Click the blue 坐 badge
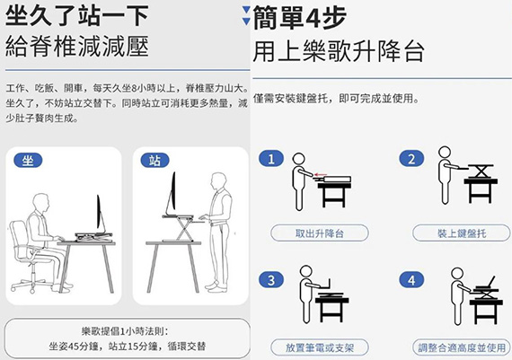click(x=28, y=161)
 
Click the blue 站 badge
click(x=154, y=161)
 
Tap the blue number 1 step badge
click(x=271, y=159)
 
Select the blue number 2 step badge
click(x=411, y=159)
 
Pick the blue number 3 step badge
click(x=271, y=280)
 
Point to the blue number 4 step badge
click(x=411, y=280)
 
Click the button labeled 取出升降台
click(x=320, y=233)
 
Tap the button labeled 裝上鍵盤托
click(x=461, y=233)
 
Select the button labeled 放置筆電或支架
click(x=320, y=347)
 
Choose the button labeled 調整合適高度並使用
click(x=461, y=347)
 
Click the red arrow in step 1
click(x=321, y=175)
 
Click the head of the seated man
click(x=41, y=203)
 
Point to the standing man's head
click(x=218, y=182)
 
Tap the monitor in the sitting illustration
click(x=100, y=214)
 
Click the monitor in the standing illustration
click(x=172, y=192)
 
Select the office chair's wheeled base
click(x=31, y=283)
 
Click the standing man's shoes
click(x=216, y=286)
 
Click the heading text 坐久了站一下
click(x=77, y=15)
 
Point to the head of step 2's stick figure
click(x=445, y=153)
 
